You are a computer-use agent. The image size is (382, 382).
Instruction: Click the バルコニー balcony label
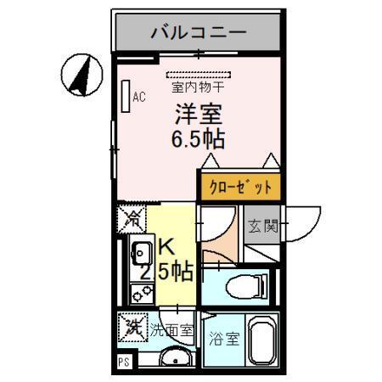coord(199,33)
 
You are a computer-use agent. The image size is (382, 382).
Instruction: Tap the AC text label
coord(138,97)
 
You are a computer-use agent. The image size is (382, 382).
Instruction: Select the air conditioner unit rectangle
coord(125,96)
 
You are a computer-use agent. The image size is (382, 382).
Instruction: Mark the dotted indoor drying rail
coord(197,75)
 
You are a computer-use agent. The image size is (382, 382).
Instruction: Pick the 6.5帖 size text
coord(199,138)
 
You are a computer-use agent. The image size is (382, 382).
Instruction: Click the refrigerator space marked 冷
coord(132,219)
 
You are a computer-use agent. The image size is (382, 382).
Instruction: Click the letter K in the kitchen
coord(166,247)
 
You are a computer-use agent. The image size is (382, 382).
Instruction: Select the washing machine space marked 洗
coord(132,325)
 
